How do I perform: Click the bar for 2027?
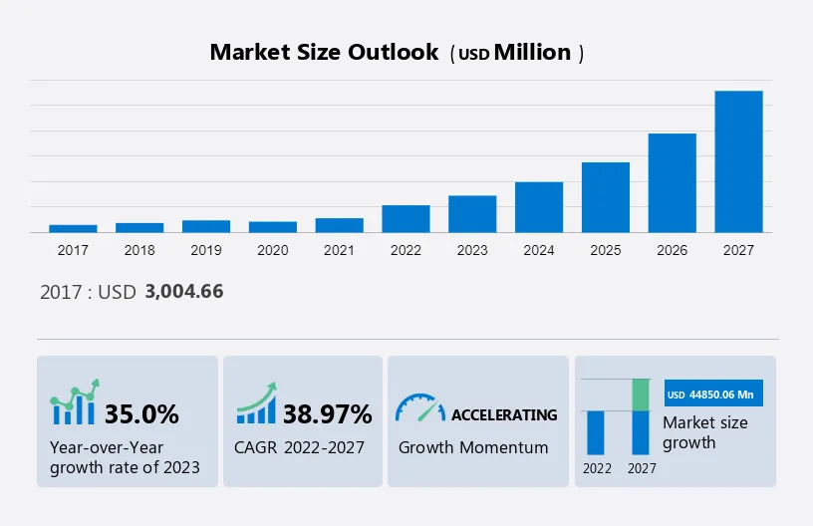coord(738,161)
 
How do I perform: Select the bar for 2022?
coord(406,219)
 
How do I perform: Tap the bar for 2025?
coord(606,197)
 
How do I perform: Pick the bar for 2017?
coord(73,228)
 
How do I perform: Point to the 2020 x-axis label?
coord(272,250)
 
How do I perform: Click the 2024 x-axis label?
coord(539,250)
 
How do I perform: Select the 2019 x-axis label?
coord(205,250)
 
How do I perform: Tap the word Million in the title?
coord(533,53)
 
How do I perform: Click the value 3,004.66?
coord(183,292)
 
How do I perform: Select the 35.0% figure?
coord(141,413)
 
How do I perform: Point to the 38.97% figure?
coord(327,413)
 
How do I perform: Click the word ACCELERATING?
coord(504,414)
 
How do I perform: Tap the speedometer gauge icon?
coord(419,407)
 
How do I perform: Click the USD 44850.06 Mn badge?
coord(713,394)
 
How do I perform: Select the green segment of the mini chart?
coord(642,394)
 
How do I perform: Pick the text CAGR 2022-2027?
coord(299,447)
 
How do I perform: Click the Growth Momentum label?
coord(473,447)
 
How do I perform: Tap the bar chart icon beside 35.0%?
coord(76,402)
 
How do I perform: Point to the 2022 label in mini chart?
coord(598,467)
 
